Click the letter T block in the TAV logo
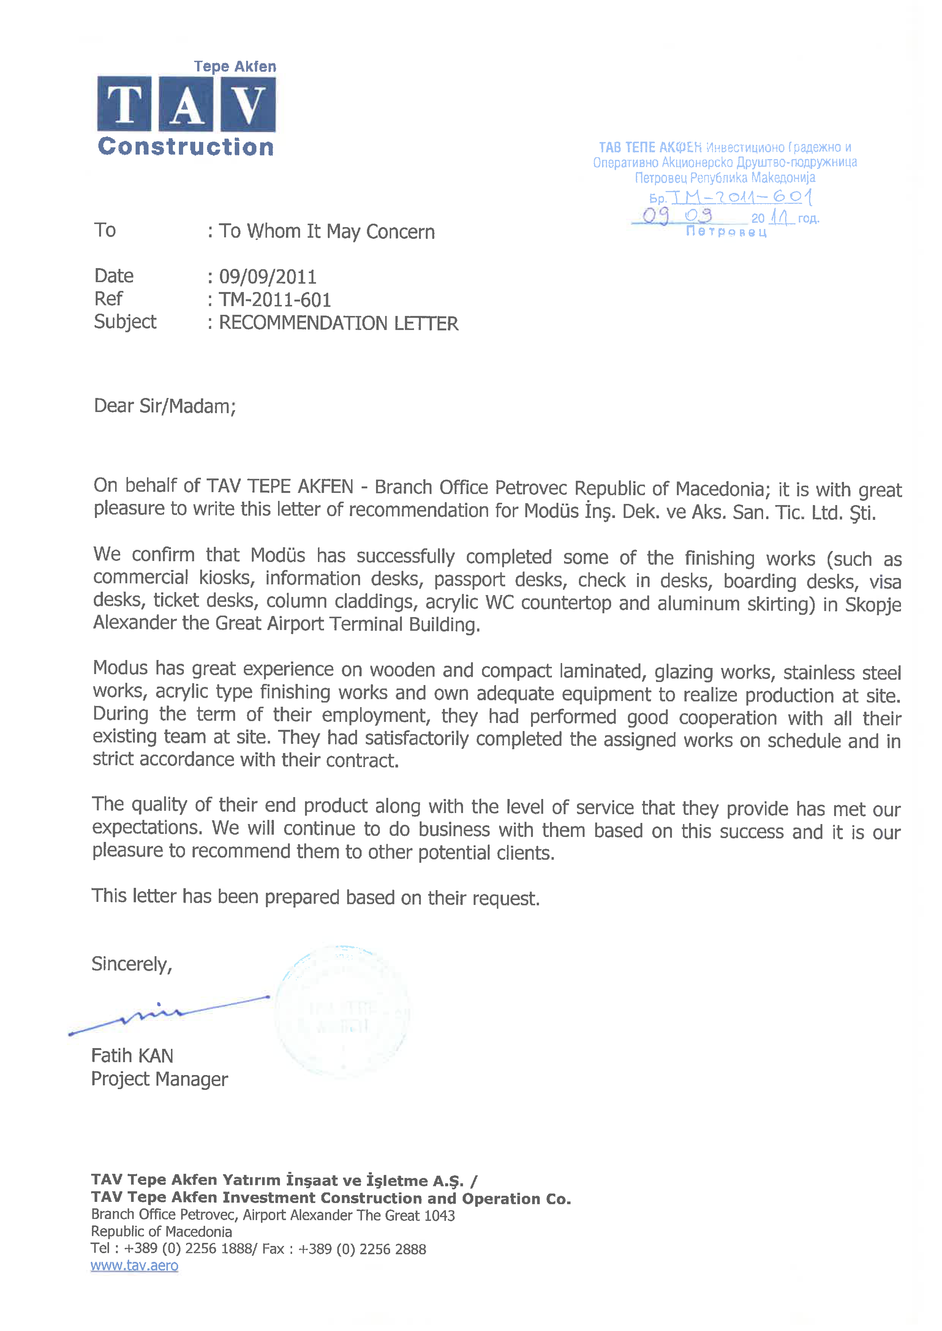[x=124, y=104]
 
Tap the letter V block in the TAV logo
[x=248, y=104]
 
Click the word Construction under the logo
[x=186, y=147]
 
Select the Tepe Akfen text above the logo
[x=235, y=67]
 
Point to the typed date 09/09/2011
[x=267, y=276]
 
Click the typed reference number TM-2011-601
[x=275, y=300]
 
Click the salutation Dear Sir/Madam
[x=165, y=406]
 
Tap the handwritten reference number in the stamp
[x=741, y=197]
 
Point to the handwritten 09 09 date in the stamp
[x=677, y=216]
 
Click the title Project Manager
[x=160, y=1079]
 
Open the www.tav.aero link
[x=134, y=1265]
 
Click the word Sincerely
[x=132, y=964]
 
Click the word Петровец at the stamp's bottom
[x=726, y=232]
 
